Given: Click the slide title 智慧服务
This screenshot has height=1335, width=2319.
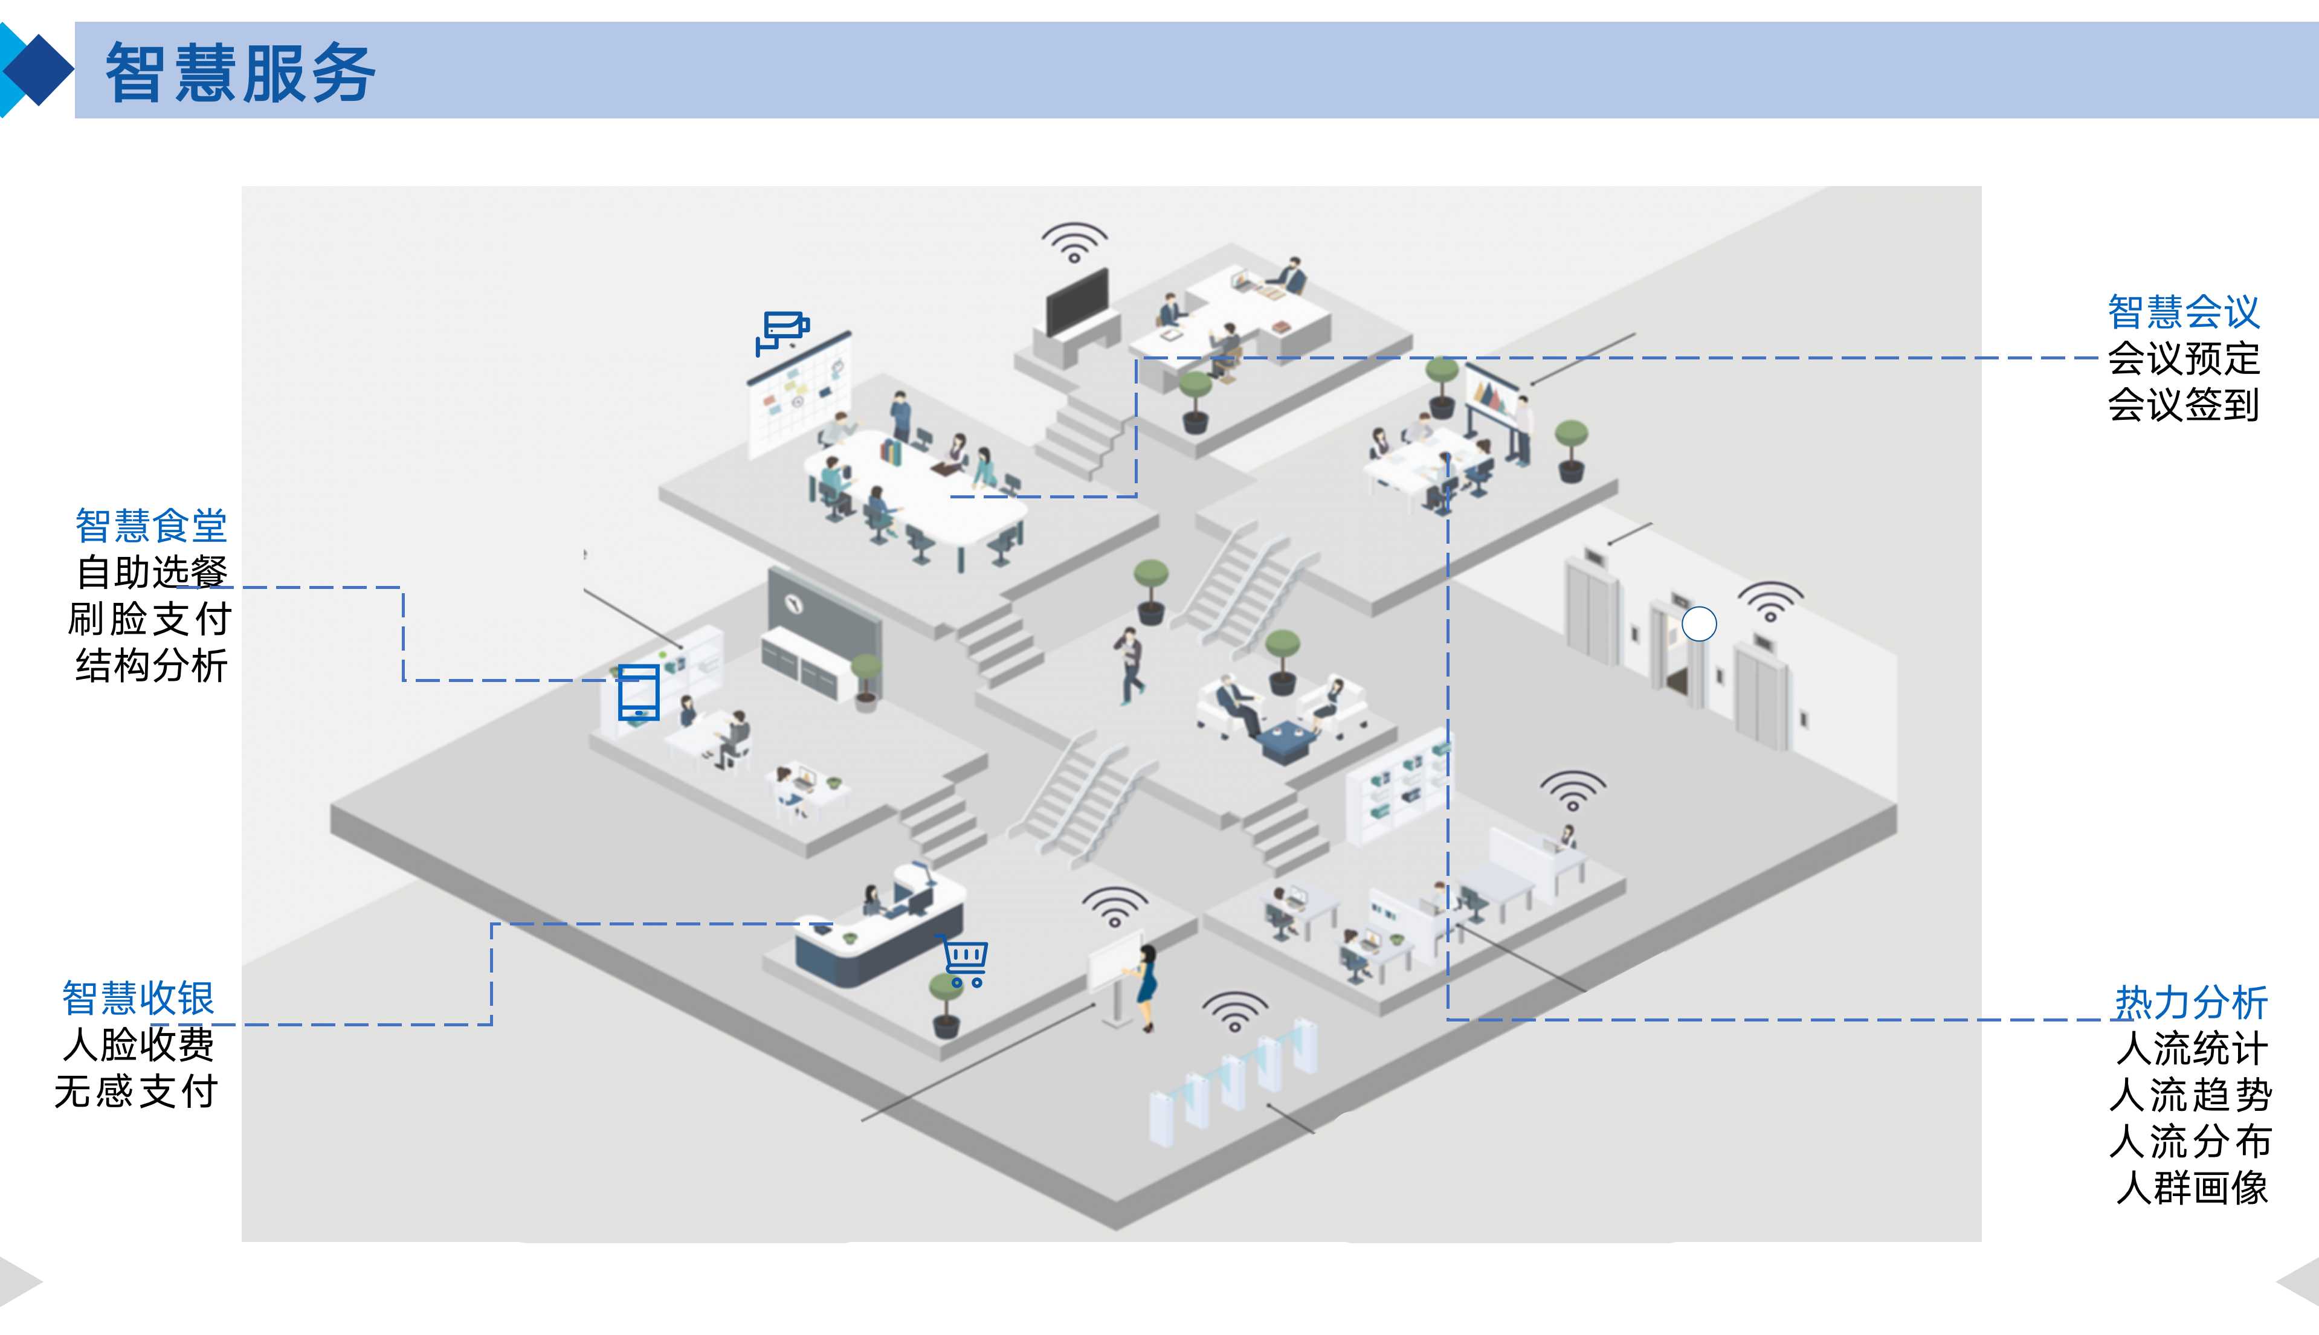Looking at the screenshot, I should click(240, 72).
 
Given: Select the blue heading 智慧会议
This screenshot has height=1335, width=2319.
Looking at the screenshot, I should click(2182, 312).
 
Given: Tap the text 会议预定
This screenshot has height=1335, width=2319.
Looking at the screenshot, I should click(2182, 358).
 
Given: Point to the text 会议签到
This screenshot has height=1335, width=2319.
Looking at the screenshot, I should click(2182, 404).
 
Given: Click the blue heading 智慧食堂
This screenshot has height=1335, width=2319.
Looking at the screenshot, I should click(151, 526).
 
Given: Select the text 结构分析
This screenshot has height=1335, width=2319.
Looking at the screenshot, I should click(151, 666).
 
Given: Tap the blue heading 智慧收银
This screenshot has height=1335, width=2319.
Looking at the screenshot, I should click(138, 997).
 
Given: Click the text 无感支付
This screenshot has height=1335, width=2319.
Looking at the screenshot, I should click(136, 1091).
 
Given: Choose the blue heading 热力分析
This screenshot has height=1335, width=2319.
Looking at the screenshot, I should click(2191, 1002).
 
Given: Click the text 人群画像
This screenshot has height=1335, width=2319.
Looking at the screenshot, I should click(2192, 1188).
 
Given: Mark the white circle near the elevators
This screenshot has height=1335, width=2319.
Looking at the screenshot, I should click(1698, 625).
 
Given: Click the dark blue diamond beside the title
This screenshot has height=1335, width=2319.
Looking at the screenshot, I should click(37, 69).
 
